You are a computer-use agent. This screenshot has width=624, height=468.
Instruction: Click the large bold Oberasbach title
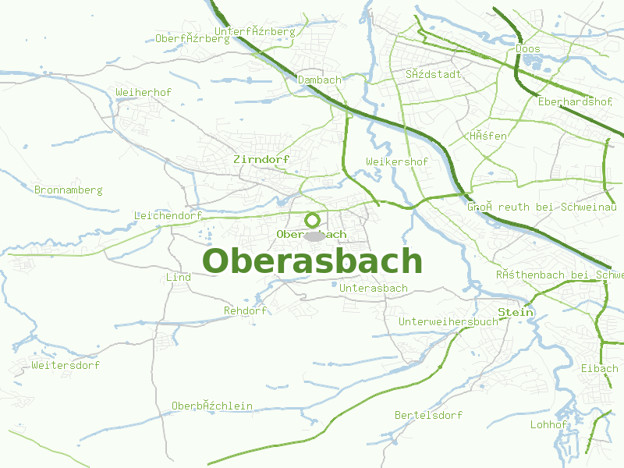(x=312, y=261)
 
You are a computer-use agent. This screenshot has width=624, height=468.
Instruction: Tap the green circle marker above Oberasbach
(x=312, y=220)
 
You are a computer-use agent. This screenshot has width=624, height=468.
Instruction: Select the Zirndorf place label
(x=261, y=159)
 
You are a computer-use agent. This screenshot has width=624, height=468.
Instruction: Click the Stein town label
(x=516, y=312)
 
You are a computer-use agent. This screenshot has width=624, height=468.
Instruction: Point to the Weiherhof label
(x=144, y=92)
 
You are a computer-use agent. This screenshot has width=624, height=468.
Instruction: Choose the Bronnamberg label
(x=69, y=190)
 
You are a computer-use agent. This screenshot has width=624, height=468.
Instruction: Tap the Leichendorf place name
(x=168, y=215)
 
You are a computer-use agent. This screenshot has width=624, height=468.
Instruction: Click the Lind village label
(x=179, y=277)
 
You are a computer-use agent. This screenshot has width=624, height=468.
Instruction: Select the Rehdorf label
(x=245, y=310)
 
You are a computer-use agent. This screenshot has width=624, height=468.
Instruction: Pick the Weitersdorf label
(x=66, y=365)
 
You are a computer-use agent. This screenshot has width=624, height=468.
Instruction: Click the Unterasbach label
(x=374, y=288)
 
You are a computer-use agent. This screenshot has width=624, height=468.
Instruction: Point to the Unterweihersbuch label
(x=448, y=321)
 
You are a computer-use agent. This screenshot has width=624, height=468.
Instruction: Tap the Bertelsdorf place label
(x=428, y=415)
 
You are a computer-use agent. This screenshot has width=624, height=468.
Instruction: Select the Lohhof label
(x=548, y=424)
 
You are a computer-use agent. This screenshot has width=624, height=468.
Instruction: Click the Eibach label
(x=599, y=368)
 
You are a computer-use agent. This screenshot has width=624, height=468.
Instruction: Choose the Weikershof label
(x=397, y=161)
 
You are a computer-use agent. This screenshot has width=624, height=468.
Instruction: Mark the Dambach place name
(x=320, y=80)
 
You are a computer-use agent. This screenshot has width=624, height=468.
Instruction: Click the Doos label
(x=528, y=48)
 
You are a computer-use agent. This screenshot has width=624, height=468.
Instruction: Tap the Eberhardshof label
(x=575, y=101)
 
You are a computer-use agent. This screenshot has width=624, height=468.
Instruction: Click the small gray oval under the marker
(x=314, y=236)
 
